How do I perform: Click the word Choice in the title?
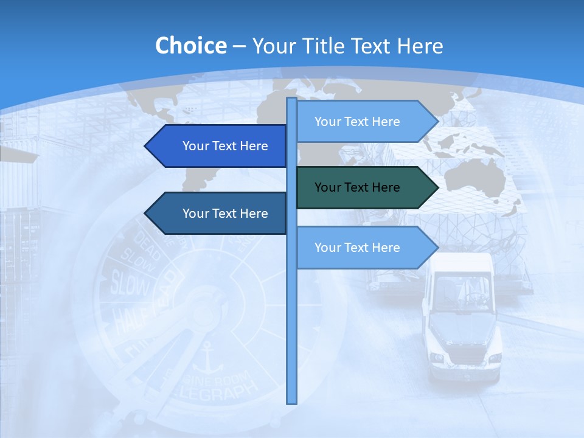tap(190, 46)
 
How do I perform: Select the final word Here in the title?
tap(420, 46)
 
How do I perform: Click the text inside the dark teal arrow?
tap(357, 187)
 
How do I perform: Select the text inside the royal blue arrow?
tap(225, 146)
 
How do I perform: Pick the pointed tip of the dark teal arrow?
tap(437, 188)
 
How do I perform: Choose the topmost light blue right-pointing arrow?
tap(365, 122)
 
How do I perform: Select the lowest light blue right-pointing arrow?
tap(365, 248)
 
